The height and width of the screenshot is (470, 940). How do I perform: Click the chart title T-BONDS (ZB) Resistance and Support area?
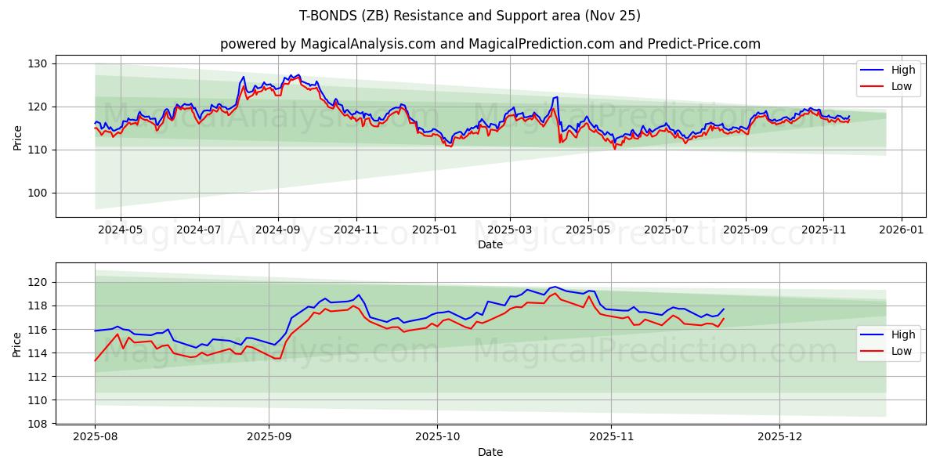point(470,16)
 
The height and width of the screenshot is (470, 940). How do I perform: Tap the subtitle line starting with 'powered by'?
point(490,44)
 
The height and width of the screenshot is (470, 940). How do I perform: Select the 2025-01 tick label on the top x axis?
point(434,230)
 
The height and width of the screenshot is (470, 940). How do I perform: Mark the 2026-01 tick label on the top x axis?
point(902,230)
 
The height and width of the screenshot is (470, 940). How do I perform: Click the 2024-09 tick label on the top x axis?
point(278,230)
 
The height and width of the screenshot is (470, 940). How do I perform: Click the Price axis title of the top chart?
point(17,138)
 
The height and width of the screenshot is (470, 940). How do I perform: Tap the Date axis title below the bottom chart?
point(490,452)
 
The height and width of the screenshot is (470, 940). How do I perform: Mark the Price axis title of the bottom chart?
point(17,345)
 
